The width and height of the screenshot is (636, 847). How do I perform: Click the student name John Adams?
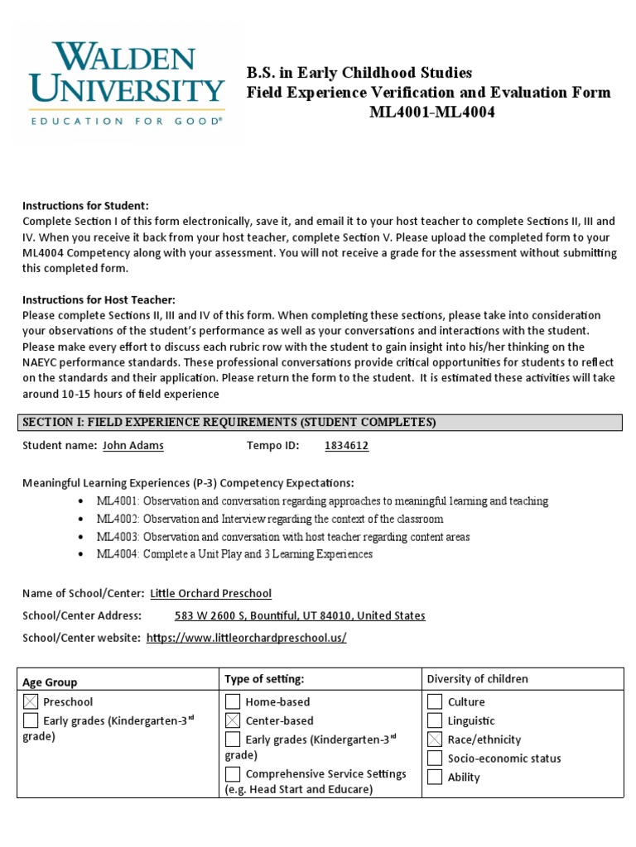132,445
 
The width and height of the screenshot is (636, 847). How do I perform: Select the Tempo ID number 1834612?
346,445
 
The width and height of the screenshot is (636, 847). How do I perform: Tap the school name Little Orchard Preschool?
210,593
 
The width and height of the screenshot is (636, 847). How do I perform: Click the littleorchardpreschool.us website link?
246,638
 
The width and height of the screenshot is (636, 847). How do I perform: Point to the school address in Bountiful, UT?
300,615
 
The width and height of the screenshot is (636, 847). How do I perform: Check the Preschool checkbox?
31,702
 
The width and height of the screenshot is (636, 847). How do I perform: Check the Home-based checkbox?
233,701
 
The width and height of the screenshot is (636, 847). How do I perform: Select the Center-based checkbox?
233,720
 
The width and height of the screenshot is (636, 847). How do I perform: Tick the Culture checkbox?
435,702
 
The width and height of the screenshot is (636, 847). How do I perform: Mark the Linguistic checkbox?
435,721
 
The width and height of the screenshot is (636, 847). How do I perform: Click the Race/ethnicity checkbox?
435,739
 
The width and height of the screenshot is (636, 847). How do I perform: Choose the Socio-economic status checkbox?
435,758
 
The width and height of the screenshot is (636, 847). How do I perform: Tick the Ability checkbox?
435,777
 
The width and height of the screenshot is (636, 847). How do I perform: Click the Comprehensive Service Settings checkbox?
233,774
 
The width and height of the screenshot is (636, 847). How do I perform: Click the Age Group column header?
50,682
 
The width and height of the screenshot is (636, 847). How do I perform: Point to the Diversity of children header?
477,679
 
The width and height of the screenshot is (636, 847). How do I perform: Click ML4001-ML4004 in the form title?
432,112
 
